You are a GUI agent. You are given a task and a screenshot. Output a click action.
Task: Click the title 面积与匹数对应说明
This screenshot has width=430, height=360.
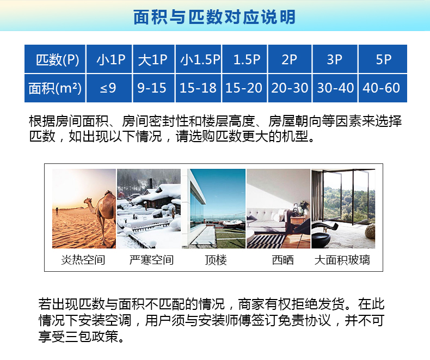point(214,17)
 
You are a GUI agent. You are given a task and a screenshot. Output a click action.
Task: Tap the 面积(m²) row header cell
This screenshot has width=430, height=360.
point(55,88)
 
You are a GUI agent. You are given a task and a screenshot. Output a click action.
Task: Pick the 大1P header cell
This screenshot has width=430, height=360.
point(152,59)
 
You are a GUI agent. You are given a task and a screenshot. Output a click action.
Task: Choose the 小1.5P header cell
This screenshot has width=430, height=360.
point(199,59)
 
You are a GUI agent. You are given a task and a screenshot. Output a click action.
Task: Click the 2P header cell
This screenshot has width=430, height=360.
point(289,59)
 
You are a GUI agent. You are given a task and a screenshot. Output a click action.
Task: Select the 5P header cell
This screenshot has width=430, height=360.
point(383,59)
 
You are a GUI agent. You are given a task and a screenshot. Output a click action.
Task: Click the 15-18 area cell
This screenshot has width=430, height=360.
point(198,88)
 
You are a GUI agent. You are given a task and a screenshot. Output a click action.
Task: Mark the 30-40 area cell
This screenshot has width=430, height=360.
point(335,88)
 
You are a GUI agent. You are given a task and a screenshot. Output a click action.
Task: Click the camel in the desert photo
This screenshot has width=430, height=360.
point(101,210)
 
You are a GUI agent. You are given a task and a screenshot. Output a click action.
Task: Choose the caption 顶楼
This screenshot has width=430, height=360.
point(215,260)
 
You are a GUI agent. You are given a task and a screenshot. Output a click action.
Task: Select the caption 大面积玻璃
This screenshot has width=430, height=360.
point(342,260)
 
